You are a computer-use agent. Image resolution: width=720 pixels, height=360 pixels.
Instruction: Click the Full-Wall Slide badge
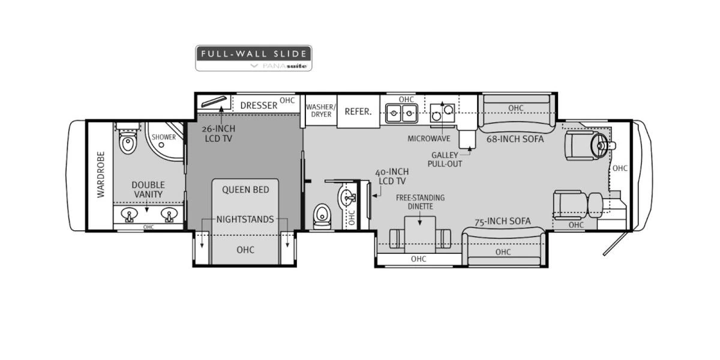253,58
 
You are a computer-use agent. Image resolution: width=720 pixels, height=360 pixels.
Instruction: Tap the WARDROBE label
101,174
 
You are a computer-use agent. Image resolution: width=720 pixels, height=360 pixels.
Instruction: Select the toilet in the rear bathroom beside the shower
127,143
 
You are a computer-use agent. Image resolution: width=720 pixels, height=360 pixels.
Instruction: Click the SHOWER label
163,137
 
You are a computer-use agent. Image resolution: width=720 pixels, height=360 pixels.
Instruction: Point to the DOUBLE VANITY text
148,190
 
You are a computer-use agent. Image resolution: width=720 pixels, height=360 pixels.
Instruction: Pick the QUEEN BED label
245,190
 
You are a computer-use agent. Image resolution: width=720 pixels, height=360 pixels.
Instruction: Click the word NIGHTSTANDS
245,219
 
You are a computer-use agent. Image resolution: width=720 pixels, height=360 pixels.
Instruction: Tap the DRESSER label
259,106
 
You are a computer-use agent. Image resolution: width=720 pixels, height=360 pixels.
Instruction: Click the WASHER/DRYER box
321,110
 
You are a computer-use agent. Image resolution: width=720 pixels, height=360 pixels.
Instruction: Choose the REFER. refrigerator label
358,111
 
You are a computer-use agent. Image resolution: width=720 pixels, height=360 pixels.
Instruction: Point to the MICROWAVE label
429,139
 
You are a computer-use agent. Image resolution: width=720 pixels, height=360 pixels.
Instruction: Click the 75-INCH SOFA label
503,221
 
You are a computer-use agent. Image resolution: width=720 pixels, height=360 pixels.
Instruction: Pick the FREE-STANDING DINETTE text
419,202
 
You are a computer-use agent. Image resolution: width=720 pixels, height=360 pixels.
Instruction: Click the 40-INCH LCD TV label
391,176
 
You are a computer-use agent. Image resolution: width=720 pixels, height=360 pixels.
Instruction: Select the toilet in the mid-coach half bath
323,214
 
